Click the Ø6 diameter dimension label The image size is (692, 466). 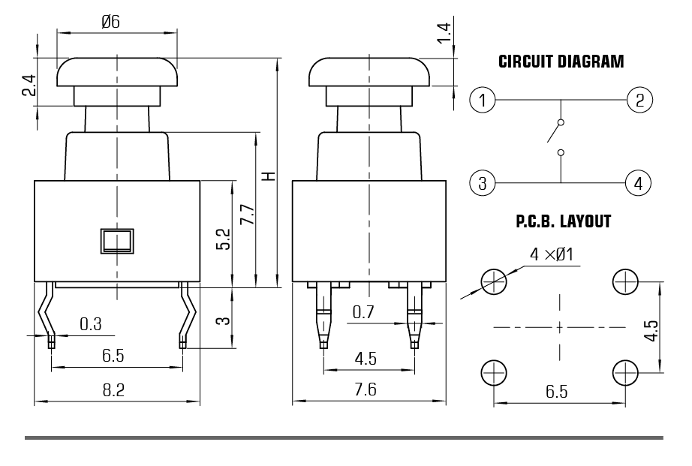[x=110, y=22]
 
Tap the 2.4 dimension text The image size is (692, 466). [x=29, y=85]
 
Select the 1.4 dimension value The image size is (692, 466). [x=444, y=33]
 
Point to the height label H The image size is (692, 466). [x=269, y=176]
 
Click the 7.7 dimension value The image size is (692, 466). [x=248, y=215]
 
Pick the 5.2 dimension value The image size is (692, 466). [x=224, y=239]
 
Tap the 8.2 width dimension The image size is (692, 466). [x=113, y=390]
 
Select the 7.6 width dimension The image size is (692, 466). [x=366, y=389]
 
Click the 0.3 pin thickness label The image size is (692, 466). [x=91, y=324]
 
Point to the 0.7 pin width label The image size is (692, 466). [x=363, y=312]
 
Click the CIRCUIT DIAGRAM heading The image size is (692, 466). [x=561, y=62]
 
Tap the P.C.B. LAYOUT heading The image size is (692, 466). [x=563, y=221]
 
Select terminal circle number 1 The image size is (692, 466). [x=483, y=100]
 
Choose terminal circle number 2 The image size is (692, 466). [x=639, y=100]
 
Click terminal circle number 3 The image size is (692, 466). [x=483, y=182]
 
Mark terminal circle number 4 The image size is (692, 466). [x=638, y=182]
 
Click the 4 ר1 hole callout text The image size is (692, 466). [x=551, y=254]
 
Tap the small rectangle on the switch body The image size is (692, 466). [x=117, y=241]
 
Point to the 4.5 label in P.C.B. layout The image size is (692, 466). [x=651, y=330]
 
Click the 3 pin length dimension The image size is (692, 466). [x=224, y=320]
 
